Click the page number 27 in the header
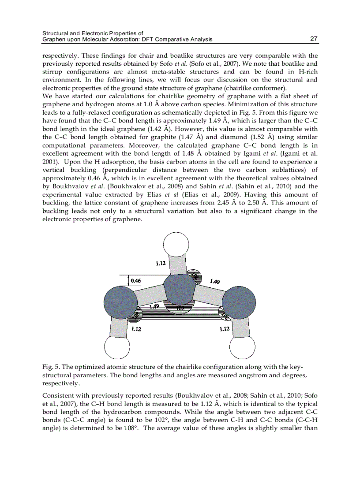tap(314, 39)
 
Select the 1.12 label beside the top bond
tap(161, 264)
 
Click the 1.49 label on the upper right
tap(215, 281)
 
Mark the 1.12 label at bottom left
tap(136, 328)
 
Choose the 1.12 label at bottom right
tap(225, 328)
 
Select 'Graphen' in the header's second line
tap(53, 39)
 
